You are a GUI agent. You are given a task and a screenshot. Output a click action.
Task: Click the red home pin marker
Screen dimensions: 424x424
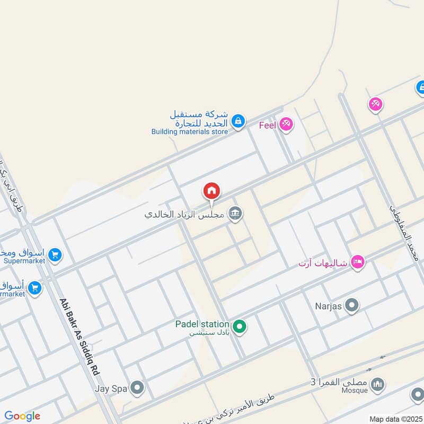(x=211, y=191)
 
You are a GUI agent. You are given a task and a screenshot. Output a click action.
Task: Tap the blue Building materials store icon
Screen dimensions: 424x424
(x=238, y=121)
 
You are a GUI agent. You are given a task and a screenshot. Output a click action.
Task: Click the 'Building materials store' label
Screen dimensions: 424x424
(x=189, y=131)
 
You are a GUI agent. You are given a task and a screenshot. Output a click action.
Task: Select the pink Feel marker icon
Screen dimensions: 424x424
(x=286, y=124)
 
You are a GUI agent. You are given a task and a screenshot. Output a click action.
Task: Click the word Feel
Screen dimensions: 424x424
(x=268, y=125)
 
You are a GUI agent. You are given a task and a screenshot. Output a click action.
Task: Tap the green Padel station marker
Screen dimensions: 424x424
(x=240, y=326)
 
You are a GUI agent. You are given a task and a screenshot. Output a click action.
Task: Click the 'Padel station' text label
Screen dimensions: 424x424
(x=202, y=324)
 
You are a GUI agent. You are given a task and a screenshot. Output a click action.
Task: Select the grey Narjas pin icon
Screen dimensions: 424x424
(x=351, y=305)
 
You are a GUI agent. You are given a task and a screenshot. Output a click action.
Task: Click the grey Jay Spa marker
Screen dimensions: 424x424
(x=137, y=388)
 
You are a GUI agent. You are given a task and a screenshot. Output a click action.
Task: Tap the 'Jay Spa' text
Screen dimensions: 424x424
(x=111, y=388)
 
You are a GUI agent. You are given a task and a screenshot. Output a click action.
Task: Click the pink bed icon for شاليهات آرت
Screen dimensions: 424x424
(x=358, y=262)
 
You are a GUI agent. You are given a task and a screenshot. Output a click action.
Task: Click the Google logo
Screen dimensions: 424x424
(x=22, y=416)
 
